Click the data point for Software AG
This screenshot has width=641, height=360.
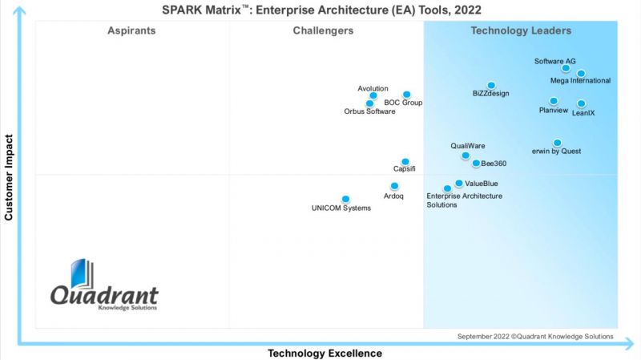[x=566, y=68]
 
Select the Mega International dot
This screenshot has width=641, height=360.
[x=581, y=73]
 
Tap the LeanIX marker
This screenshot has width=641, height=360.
[x=581, y=103]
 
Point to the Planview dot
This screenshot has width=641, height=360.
[x=554, y=101]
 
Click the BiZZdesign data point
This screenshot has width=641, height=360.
[x=491, y=85]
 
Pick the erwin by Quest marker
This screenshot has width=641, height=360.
[x=557, y=143]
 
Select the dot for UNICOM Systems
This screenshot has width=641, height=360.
[x=345, y=199]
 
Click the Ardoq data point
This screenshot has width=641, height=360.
[x=393, y=186]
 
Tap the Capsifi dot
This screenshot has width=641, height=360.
[x=405, y=161]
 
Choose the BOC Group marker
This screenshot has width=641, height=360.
[x=406, y=95]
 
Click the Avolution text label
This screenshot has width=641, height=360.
[x=373, y=88]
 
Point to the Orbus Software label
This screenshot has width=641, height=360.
[x=369, y=111]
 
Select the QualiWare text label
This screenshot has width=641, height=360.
[x=468, y=146]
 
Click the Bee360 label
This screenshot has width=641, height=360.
[x=494, y=164]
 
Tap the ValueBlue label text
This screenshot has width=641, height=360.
[x=481, y=184]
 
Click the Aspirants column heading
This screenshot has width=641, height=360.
[x=131, y=30]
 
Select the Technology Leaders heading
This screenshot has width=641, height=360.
[x=521, y=30]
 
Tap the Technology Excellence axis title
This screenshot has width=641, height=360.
[x=325, y=353]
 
